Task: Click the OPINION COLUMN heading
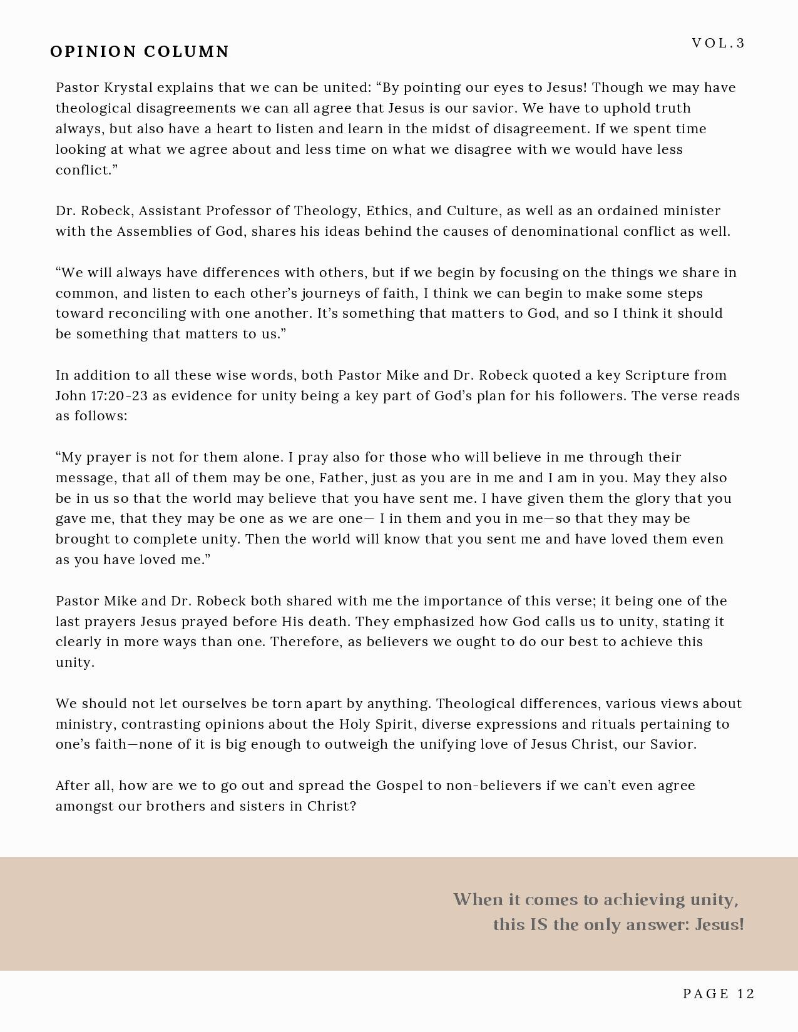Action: [x=140, y=51]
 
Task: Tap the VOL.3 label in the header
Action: [x=719, y=43]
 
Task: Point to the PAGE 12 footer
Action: [x=719, y=994]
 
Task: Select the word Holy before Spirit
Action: [x=356, y=724]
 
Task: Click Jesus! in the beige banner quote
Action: [x=719, y=924]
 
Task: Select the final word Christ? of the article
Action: [x=332, y=806]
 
